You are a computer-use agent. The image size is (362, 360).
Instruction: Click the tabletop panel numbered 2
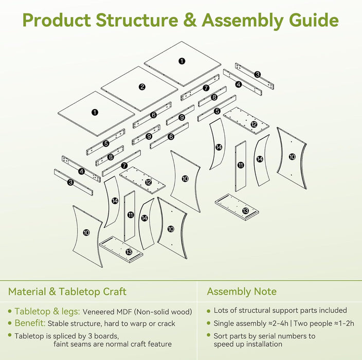tap(140, 89)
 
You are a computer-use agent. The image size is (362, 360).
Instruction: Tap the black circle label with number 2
tap(142, 87)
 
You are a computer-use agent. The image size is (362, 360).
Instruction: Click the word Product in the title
tap(57, 20)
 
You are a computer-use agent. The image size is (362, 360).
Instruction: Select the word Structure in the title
tap(137, 20)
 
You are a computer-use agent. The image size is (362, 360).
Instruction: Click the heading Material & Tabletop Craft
tap(67, 292)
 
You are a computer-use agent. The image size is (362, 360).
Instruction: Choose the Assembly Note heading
tap(242, 292)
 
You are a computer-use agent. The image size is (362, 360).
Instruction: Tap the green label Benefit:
tap(30, 323)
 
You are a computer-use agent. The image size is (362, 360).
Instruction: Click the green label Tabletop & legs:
tap(47, 312)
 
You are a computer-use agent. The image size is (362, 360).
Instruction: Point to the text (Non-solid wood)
tap(163, 312)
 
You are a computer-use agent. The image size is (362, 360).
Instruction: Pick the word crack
tap(166, 324)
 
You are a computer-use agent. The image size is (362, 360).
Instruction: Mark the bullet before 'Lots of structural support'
tap(209, 311)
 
